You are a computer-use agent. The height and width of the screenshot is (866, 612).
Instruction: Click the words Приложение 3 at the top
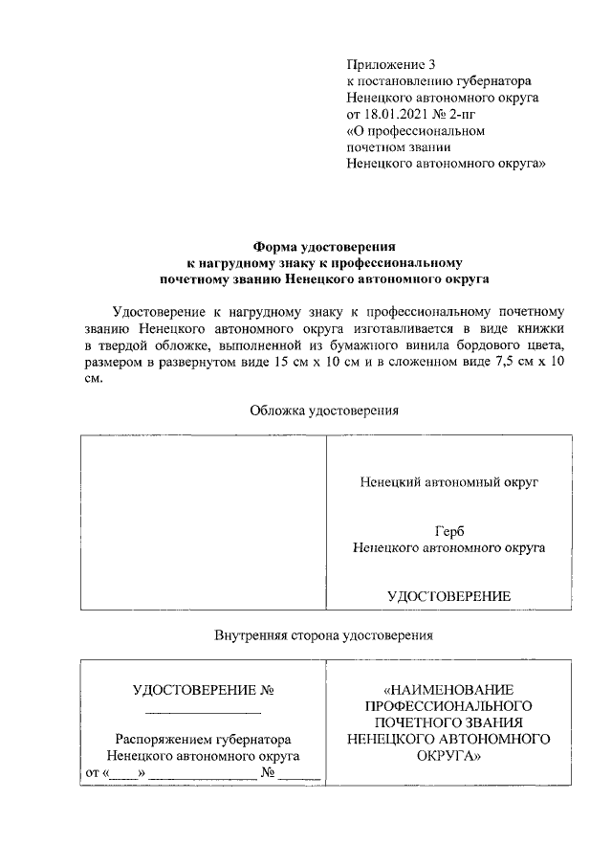pyautogui.click(x=390, y=65)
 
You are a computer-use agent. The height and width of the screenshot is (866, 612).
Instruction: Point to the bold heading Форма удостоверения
pyautogui.click(x=323, y=247)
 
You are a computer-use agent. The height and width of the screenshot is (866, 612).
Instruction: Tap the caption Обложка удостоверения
pyautogui.click(x=323, y=411)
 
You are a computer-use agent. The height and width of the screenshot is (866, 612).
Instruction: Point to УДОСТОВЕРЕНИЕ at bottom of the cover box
pyautogui.click(x=448, y=595)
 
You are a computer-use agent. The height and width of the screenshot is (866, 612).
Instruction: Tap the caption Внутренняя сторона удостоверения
pyautogui.click(x=324, y=633)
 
